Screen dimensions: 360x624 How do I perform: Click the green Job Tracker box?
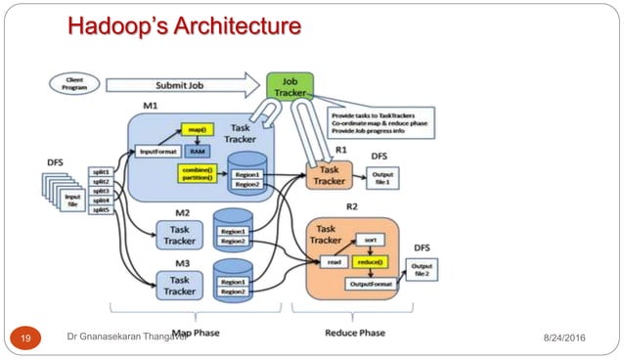coord(290,86)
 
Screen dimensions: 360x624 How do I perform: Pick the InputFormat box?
coord(156,152)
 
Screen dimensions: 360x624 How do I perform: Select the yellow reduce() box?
coord(369,261)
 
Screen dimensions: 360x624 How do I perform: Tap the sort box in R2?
coord(370,239)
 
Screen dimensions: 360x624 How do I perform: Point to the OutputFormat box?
coord(368,284)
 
